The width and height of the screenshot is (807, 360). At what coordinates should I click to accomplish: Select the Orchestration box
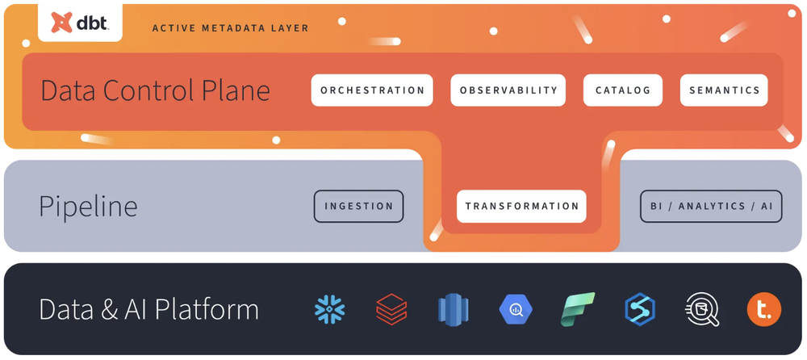pyautogui.click(x=372, y=90)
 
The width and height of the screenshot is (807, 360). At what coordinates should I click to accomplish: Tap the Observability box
pyautogui.click(x=508, y=90)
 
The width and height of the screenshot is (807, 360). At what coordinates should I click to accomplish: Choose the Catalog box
pyautogui.click(x=622, y=90)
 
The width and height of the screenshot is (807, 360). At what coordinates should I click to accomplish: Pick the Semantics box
pyautogui.click(x=724, y=90)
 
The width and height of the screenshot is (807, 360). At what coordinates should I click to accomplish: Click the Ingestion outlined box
pyautogui.click(x=358, y=206)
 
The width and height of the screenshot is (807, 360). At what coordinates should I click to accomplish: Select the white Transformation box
pyautogui.click(x=521, y=206)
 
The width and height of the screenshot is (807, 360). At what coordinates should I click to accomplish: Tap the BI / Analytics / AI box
pyautogui.click(x=711, y=206)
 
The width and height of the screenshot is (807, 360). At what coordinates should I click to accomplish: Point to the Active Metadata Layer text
pyautogui.click(x=230, y=28)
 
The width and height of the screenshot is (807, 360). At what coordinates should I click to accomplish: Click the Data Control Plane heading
pyautogui.click(x=155, y=90)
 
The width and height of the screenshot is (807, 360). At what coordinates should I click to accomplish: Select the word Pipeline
pyautogui.click(x=88, y=207)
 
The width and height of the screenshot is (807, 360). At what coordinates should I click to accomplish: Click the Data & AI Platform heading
pyautogui.click(x=148, y=309)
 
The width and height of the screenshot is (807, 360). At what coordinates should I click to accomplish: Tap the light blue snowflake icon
pyautogui.click(x=329, y=309)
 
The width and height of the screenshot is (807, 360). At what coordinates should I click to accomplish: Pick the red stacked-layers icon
pyautogui.click(x=391, y=309)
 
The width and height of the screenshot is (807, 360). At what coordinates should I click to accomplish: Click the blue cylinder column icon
pyautogui.click(x=453, y=309)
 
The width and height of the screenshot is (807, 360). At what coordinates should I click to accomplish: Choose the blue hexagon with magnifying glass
pyautogui.click(x=515, y=309)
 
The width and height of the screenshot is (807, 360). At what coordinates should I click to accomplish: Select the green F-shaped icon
pyautogui.click(x=578, y=309)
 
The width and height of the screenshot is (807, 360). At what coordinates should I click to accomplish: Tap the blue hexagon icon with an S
pyautogui.click(x=639, y=309)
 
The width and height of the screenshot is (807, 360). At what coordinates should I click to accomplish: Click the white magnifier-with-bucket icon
pyautogui.click(x=700, y=309)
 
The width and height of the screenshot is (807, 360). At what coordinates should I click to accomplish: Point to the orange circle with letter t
pyautogui.click(x=763, y=309)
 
